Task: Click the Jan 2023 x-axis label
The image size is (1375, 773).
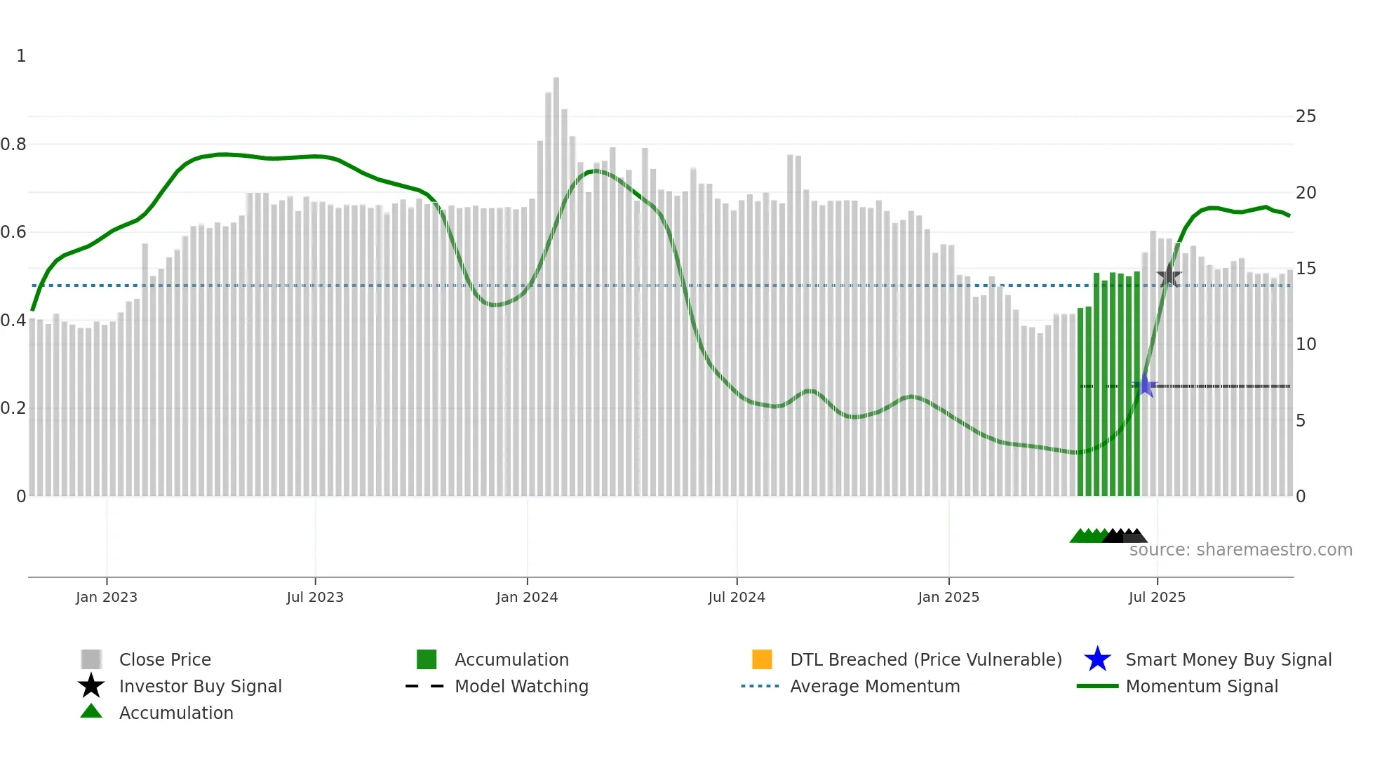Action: tap(107, 597)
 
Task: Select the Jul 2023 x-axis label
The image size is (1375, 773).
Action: tap(315, 597)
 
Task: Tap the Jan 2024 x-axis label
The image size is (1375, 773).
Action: tap(527, 597)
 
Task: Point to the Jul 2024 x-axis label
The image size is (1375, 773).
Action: tap(737, 597)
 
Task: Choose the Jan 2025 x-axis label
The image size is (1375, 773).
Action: tap(948, 597)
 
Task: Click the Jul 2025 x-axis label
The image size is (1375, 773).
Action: tap(1157, 597)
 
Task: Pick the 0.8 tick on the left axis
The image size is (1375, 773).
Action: tap(13, 144)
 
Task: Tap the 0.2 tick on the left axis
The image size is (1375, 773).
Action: tap(13, 408)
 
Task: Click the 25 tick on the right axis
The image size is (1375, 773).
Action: tap(1306, 116)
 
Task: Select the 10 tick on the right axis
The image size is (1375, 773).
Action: tap(1306, 344)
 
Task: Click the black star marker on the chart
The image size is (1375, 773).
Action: tap(1169, 276)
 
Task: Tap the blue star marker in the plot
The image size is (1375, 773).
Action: tap(1145, 386)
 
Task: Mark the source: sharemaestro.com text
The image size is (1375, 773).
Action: tap(1240, 550)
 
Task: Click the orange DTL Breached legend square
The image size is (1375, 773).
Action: tap(762, 659)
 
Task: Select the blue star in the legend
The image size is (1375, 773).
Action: tap(1097, 659)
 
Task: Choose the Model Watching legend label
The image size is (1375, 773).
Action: tap(521, 686)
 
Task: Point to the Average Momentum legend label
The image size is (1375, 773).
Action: tap(875, 686)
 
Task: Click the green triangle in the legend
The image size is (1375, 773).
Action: tap(91, 711)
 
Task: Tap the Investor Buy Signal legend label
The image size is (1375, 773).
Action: tap(200, 686)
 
